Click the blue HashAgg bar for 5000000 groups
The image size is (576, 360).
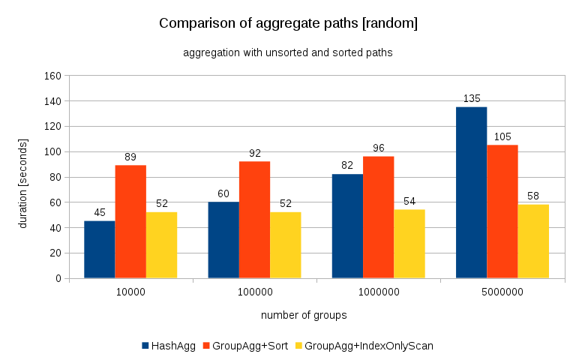471,193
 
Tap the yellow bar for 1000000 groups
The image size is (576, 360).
409,244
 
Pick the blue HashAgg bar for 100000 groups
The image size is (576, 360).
223,240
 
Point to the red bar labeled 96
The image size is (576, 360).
378,217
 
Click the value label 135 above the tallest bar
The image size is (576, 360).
471,98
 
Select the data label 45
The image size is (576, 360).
100,212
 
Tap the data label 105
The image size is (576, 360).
502,136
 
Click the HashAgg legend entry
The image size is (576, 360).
169,346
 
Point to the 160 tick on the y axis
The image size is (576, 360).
52,76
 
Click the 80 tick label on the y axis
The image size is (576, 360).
55,177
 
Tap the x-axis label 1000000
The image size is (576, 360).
378,293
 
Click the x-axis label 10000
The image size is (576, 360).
130,293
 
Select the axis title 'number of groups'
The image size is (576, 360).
304,315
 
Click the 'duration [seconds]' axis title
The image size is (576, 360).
23,177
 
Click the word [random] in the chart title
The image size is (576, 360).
388,23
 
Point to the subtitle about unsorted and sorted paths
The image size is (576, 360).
288,53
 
